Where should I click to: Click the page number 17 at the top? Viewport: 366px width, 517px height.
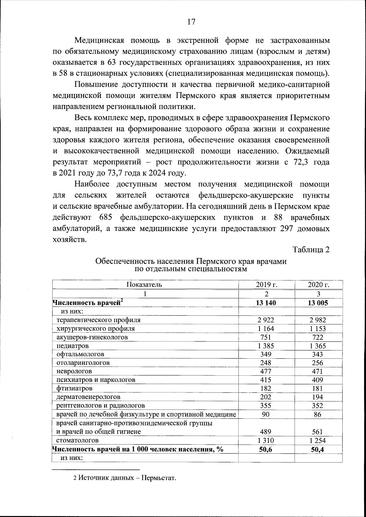[x=191, y=22]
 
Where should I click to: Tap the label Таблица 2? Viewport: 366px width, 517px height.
[x=311, y=250]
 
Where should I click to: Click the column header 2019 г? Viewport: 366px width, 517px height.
[x=266, y=285]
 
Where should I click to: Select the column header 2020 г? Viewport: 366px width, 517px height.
[x=318, y=285]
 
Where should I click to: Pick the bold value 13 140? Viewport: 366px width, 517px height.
[x=266, y=303]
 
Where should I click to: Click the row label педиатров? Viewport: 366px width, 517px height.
[x=73, y=346]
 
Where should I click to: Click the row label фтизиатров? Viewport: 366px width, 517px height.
[x=74, y=389]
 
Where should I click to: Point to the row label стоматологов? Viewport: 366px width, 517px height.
[x=77, y=440]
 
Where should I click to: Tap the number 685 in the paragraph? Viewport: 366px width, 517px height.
[x=106, y=218]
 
